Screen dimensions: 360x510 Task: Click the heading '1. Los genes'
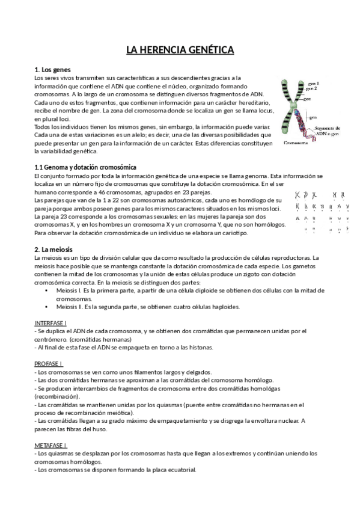tap(53, 70)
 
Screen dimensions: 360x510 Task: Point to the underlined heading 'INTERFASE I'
tap(51, 323)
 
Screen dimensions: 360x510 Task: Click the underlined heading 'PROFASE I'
tap(49, 364)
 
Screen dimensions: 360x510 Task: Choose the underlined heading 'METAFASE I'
tap(51, 445)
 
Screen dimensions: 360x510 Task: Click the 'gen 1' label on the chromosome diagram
tap(313, 83)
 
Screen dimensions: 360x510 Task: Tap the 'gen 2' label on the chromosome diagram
tap(313, 88)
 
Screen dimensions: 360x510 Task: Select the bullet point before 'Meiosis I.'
tap(47, 290)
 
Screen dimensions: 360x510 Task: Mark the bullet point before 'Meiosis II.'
tap(47, 307)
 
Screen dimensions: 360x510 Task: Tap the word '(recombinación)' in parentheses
tap(57, 397)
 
